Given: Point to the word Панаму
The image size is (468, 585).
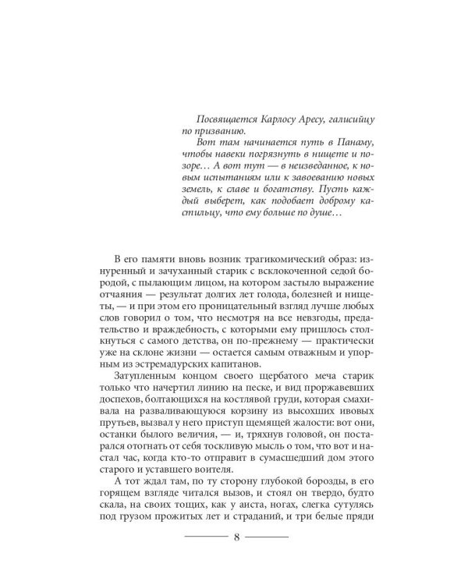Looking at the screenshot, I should (353, 145).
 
